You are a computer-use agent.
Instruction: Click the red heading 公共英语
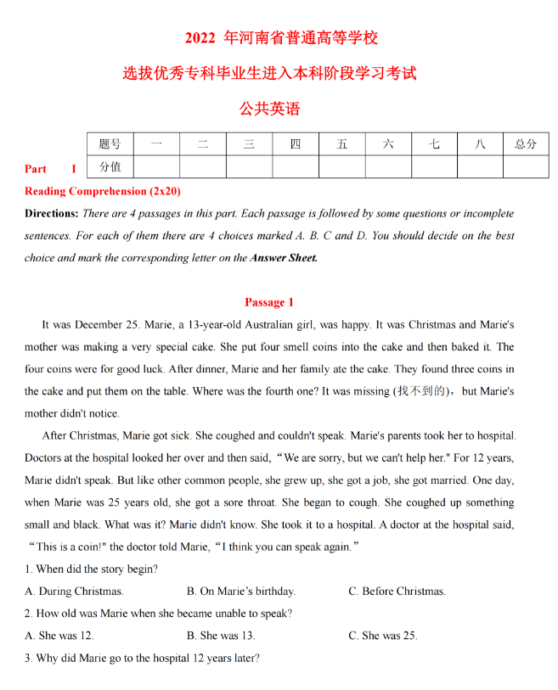pos(270,109)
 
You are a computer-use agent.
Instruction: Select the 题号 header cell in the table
pos(110,144)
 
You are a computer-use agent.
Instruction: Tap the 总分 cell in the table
pos(526,144)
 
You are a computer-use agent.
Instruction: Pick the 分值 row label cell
pos(110,166)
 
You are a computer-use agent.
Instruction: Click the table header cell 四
pos(296,144)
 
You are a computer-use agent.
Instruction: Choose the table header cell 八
pos(480,144)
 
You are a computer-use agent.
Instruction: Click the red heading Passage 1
pos(269,302)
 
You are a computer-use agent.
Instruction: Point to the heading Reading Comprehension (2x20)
pos(103,191)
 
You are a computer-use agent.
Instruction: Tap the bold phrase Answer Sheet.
pos(284,258)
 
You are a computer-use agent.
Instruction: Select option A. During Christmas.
pos(75,592)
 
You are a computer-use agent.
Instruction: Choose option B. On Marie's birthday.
pos(241,592)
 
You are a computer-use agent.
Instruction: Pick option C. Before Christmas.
pos(397,592)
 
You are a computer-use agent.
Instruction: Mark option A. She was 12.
pos(59,636)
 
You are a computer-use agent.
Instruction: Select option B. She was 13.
pos(221,636)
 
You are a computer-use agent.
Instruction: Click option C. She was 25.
pos(383,636)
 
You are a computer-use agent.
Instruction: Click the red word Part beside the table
pos(36,169)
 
